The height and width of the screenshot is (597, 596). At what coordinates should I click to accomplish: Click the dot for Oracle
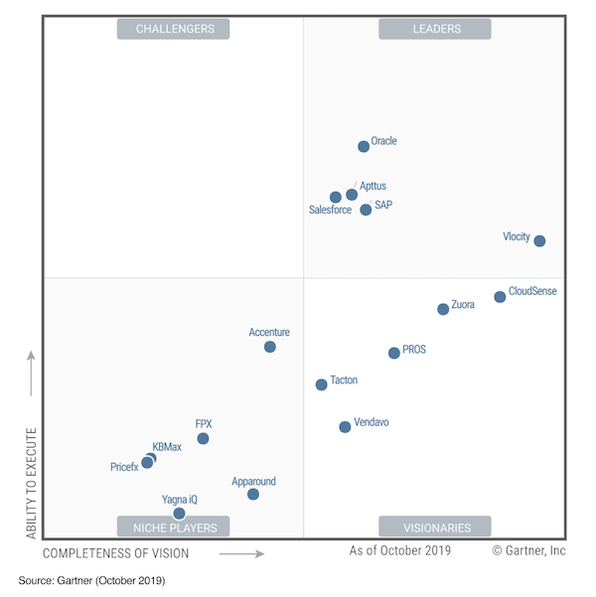364,146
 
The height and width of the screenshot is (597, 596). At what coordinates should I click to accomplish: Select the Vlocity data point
539,240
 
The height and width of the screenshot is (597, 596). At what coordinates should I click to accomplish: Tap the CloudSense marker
500,297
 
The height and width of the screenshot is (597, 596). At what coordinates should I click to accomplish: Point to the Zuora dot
443,309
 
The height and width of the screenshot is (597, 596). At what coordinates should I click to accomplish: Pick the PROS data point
394,353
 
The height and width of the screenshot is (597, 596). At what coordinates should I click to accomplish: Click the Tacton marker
321,384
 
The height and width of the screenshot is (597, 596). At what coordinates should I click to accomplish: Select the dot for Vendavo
345,427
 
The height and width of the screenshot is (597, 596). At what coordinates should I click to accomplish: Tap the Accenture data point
269,347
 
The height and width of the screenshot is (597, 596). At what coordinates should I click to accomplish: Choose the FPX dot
203,438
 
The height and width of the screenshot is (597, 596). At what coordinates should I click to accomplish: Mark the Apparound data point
253,494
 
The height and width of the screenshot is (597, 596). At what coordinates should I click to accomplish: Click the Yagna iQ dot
179,514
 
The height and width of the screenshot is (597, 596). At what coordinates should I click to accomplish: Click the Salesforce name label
330,211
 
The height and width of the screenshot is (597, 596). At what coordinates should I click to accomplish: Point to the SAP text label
383,205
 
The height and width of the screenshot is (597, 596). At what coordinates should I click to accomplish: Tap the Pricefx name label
124,467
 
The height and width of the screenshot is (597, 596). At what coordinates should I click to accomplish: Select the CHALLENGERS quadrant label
174,29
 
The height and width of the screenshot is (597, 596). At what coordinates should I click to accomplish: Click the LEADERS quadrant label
436,29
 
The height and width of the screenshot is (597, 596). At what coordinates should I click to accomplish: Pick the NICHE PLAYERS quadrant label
174,526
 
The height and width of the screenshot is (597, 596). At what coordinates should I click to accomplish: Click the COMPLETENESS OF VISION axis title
116,552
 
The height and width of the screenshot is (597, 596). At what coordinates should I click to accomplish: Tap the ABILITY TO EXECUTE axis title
31,483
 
